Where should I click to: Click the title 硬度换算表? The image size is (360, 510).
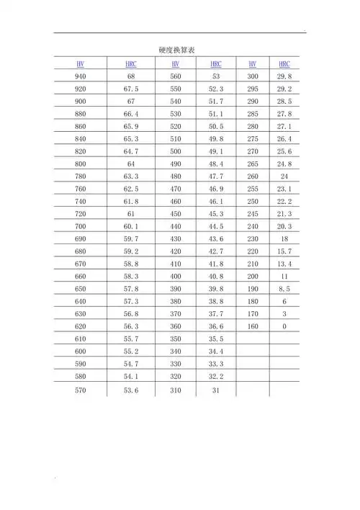coord(178,49)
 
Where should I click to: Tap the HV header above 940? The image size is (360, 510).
coord(80,63)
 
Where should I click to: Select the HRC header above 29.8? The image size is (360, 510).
coord(284,63)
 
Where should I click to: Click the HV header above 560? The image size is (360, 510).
coord(176,63)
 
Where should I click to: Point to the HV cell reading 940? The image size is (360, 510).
coord(80,76)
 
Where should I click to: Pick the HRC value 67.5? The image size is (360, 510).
coord(131,89)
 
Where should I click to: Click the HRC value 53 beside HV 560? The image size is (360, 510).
coord(216,76)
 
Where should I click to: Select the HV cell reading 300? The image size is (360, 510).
coord(252,76)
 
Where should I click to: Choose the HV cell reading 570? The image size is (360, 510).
coord(80,390)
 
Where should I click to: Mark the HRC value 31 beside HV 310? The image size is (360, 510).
coord(216,390)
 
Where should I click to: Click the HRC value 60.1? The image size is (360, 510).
coord(131,227)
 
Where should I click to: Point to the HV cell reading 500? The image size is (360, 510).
coord(176,152)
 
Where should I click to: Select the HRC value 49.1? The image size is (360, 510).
coord(216,152)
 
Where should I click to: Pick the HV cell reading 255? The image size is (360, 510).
coord(252,189)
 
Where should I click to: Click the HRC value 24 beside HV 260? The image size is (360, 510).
coord(284,176)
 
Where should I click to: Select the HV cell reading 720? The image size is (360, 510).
coord(80,215)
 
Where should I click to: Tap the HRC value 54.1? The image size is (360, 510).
coord(131,377)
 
